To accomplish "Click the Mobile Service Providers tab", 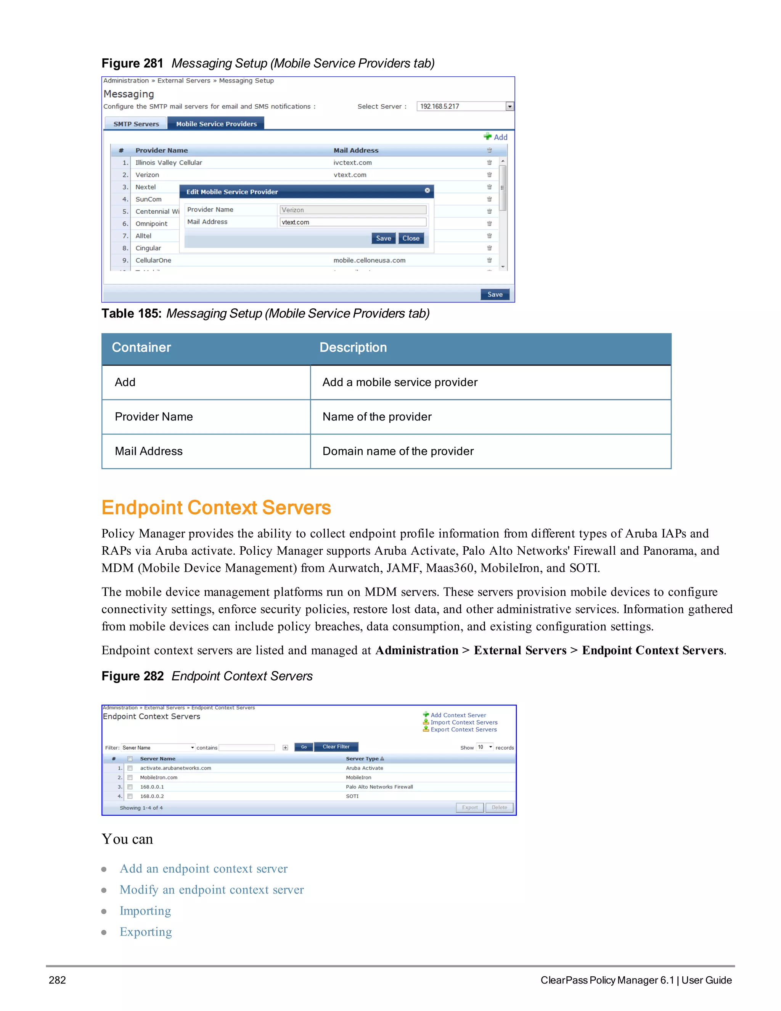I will point(216,124).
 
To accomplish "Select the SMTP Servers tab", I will point(136,124).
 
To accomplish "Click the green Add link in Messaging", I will point(496,137).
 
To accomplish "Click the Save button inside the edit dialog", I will point(383,238).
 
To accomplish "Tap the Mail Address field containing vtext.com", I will point(353,222).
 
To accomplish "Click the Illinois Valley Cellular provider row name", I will point(169,163).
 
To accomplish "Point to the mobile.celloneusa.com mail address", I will point(369,260).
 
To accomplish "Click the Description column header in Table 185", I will point(353,348).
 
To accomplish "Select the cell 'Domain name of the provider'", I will point(398,451).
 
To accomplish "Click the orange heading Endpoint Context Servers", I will point(216,508).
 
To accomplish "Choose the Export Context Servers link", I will point(463,729).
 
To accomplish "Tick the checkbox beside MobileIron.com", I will point(130,778).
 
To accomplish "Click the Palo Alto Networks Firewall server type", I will point(379,787).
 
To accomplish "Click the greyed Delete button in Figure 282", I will point(499,807).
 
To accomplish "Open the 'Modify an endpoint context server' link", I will point(211,890).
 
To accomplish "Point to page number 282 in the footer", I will point(57,980).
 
